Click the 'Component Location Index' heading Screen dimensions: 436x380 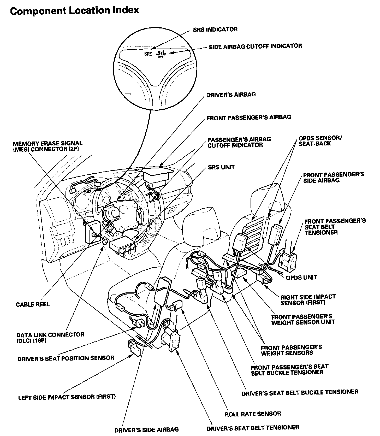(x=74, y=11)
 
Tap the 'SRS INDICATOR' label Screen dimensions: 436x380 (x=215, y=29)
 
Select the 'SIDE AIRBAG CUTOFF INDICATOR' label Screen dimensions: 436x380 (x=255, y=46)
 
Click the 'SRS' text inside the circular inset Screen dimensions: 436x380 (x=148, y=54)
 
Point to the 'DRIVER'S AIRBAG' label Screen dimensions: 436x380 (x=231, y=95)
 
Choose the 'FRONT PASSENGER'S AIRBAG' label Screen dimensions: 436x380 (x=249, y=117)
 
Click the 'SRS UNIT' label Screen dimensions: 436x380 (x=221, y=167)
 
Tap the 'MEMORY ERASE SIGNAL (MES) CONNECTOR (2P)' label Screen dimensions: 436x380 (x=47, y=146)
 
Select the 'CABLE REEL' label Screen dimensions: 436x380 (x=33, y=304)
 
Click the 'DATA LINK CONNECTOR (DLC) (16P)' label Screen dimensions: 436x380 (x=50, y=337)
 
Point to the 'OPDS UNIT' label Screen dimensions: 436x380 (x=301, y=277)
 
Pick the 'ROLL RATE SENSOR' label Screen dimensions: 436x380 (x=253, y=414)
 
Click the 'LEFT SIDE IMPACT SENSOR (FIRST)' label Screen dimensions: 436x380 (x=67, y=397)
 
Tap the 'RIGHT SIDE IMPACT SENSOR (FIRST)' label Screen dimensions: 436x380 (x=308, y=300)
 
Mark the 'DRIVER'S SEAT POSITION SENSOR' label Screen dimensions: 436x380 (x=66, y=358)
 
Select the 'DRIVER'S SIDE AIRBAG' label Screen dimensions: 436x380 (x=146, y=429)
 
